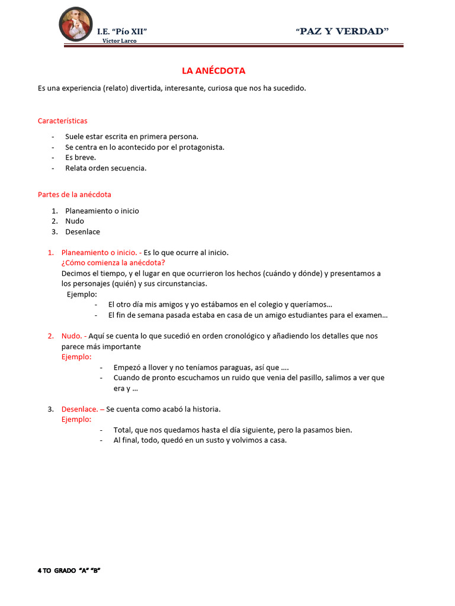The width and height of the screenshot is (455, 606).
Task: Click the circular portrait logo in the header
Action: pyautogui.click(x=76, y=24)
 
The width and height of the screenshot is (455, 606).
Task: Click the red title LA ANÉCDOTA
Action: pyautogui.click(x=213, y=71)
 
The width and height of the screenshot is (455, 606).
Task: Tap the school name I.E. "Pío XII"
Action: pyautogui.click(x=122, y=31)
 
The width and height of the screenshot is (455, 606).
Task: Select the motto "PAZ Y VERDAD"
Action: pyautogui.click(x=342, y=31)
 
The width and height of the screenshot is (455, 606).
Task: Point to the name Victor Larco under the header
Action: pyautogui.click(x=123, y=41)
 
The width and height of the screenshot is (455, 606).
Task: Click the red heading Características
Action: pyautogui.click(x=62, y=121)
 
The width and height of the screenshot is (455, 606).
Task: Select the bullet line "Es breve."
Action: pyautogui.click(x=81, y=157)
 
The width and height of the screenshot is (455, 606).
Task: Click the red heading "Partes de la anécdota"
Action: pyautogui.click(x=75, y=194)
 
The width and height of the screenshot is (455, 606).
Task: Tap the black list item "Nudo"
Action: pyautogui.click(x=75, y=221)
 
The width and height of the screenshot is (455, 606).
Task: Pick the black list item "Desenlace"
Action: pyautogui.click(x=82, y=232)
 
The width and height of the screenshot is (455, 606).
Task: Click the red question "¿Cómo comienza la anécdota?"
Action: pyautogui.click(x=113, y=263)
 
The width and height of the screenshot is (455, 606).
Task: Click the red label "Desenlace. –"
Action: pyautogui.click(x=83, y=409)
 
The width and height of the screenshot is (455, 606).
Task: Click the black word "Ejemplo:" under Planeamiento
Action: pyautogui.click(x=82, y=294)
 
